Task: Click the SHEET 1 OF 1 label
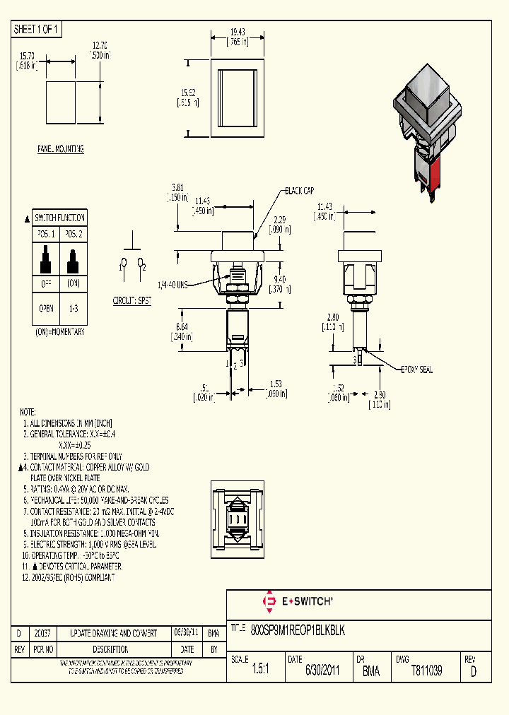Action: click(37, 29)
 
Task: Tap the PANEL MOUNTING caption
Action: click(61, 149)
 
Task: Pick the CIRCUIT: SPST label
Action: click(133, 300)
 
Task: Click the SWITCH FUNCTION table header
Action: click(60, 218)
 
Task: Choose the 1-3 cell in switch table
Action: click(74, 309)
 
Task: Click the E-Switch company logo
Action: click(297, 601)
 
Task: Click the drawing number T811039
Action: click(426, 671)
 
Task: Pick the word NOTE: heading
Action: click(28, 411)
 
